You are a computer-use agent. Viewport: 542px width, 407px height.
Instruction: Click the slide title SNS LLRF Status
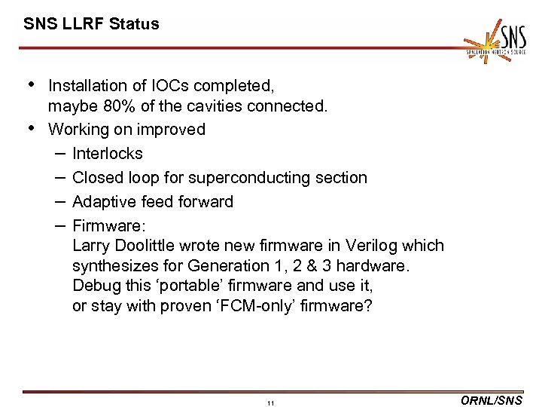(x=91, y=23)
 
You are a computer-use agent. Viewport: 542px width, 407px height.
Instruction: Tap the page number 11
(x=270, y=403)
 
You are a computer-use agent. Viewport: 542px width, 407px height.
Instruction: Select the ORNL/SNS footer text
(x=490, y=401)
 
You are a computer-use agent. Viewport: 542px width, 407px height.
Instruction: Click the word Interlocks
(x=108, y=154)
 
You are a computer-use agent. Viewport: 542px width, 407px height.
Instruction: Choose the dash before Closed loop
(x=59, y=178)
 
